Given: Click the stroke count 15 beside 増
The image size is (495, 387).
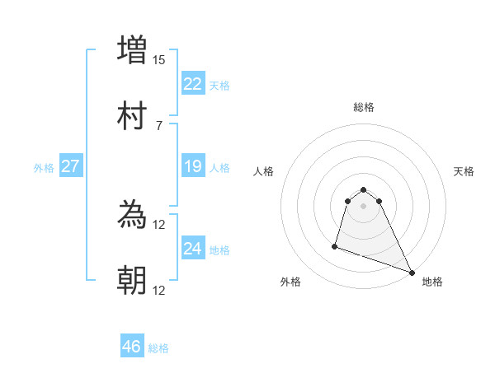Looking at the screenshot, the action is [159, 60].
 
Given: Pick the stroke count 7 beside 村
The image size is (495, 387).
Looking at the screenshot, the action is [159, 126].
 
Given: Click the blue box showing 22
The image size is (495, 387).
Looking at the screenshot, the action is [192, 84].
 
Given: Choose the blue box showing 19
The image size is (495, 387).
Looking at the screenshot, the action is [192, 166].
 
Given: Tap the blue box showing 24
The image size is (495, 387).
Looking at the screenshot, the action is [192, 249].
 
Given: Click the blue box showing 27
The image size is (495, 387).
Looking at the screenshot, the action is [70, 166].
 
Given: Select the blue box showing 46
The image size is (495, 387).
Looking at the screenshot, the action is [131, 347].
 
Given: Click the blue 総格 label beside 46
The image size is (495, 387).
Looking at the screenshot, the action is [158, 348].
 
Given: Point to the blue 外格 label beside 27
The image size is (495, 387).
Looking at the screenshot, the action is [44, 167].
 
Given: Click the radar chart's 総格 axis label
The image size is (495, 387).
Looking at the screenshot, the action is [363, 107].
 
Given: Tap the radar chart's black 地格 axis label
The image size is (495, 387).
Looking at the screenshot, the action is [432, 282].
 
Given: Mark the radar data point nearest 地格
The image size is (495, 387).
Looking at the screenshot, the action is [412, 273].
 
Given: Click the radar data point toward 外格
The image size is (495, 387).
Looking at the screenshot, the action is [335, 245].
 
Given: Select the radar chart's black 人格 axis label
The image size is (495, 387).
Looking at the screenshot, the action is [264, 171].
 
